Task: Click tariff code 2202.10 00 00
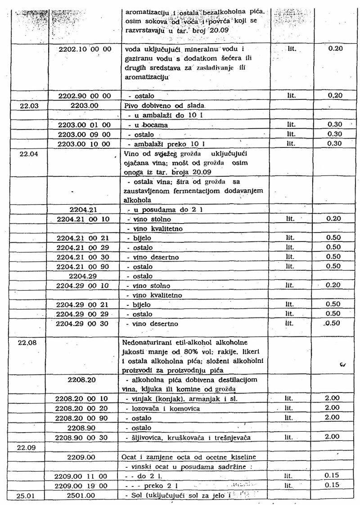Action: pyautogui.click(x=85, y=49)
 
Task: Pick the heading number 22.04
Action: pyautogui.click(x=28, y=153)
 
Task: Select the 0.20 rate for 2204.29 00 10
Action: pyautogui.click(x=333, y=286)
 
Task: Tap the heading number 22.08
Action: pyautogui.click(x=27, y=343)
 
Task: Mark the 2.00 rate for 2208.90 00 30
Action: pyautogui.click(x=332, y=437)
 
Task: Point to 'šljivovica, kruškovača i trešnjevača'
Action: pyautogui.click(x=185, y=438)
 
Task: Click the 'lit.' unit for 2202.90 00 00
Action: pyautogui.click(x=292, y=96)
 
